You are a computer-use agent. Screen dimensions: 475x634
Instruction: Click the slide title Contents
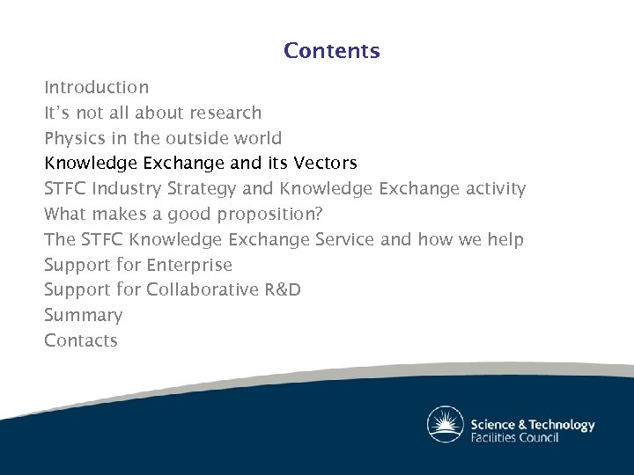point(331,51)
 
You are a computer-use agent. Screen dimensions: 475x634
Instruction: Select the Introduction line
point(96,87)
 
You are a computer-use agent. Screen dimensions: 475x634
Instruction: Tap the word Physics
point(73,138)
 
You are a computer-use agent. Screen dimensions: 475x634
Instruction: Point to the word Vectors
point(325,163)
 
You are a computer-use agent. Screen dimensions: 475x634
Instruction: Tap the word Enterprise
point(189,265)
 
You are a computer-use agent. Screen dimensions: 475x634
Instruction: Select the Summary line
point(84,315)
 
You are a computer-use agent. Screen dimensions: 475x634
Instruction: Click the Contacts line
point(81,340)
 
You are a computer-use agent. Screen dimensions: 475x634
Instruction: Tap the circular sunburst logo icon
point(446,425)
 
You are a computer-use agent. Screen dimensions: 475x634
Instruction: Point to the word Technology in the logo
point(558,424)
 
